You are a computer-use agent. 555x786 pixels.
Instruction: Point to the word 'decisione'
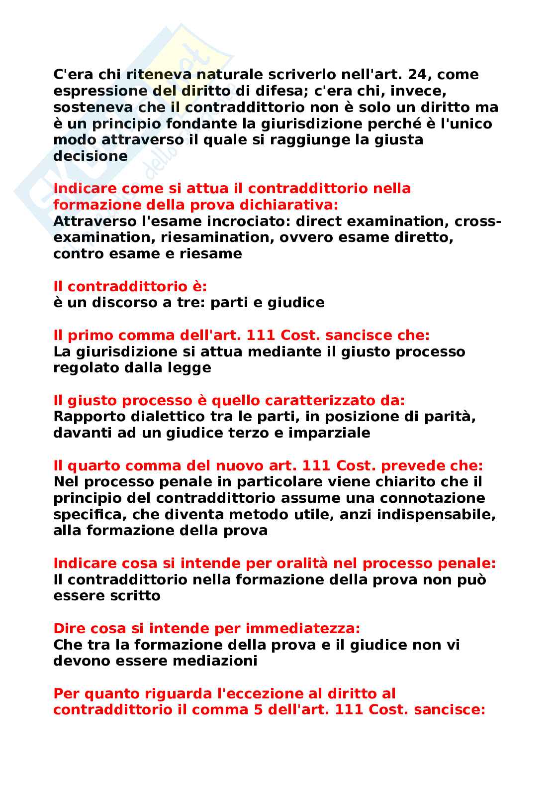click(91, 156)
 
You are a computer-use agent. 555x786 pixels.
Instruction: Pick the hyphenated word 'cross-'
click(478, 221)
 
